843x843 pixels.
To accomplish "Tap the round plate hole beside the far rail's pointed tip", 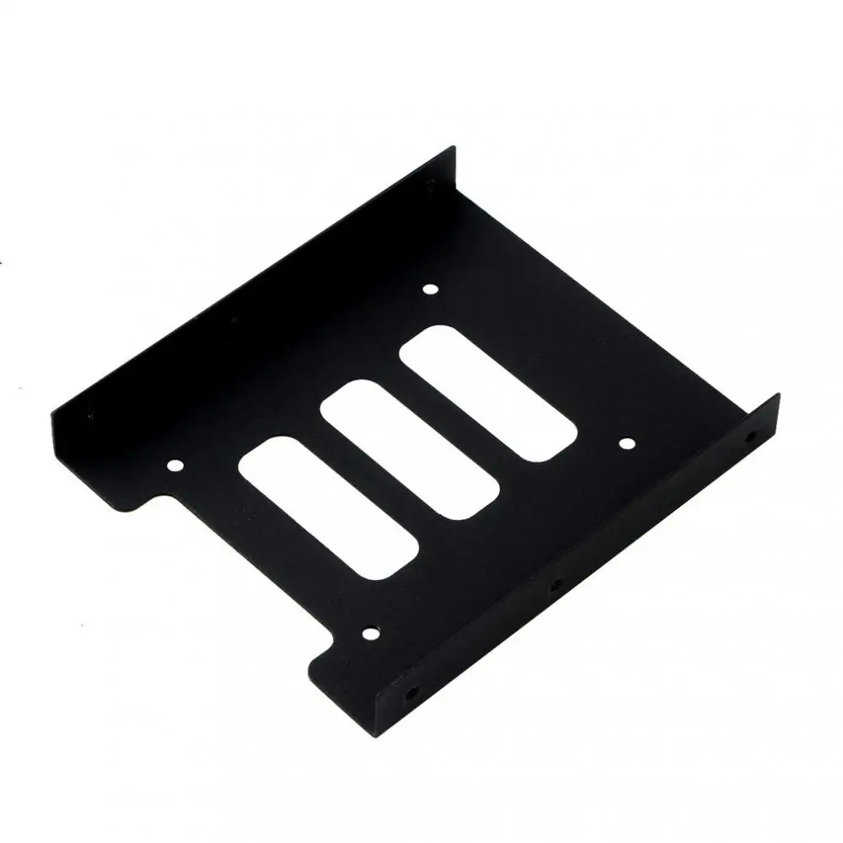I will [x=431, y=291].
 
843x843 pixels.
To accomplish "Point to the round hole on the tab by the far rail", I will [x=175, y=464].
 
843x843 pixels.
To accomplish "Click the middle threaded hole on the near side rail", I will [x=554, y=584].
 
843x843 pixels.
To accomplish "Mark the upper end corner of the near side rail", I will [x=777, y=395].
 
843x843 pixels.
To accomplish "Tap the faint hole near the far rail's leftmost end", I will [x=87, y=415].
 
